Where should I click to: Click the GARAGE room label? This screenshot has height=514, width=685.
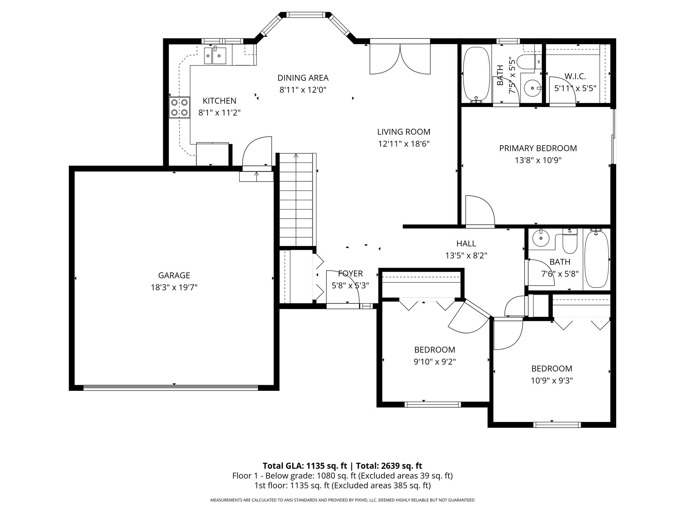(174, 275)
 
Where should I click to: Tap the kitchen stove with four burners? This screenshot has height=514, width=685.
(179, 108)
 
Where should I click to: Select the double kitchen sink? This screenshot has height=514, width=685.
(215, 55)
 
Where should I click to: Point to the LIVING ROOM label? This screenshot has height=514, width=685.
(404, 132)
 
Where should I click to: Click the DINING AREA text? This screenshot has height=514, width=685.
(303, 78)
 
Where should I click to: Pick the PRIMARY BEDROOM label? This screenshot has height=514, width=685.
(538, 148)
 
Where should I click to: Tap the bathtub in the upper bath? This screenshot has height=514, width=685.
(476, 74)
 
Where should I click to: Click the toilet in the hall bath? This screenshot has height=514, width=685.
(570, 241)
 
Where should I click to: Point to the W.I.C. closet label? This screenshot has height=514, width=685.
(575, 76)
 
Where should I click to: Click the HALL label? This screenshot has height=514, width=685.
(466, 243)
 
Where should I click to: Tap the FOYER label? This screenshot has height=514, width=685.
(350, 273)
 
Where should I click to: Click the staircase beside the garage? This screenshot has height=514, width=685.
(296, 200)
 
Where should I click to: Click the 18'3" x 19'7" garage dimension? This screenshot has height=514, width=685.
(174, 287)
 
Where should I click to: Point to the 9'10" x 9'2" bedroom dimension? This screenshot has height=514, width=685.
(434, 361)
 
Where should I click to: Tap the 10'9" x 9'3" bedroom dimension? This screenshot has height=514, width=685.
(552, 380)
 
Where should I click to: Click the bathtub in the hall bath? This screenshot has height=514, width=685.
(596, 259)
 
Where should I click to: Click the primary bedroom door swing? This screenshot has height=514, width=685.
(480, 210)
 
